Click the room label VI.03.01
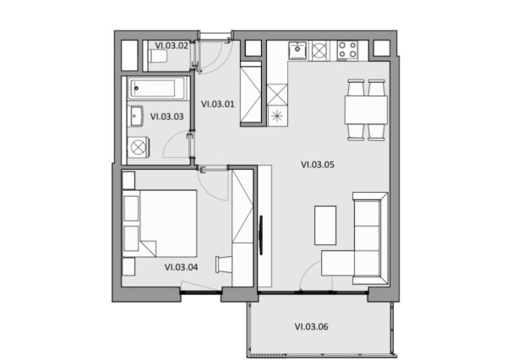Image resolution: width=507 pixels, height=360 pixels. coord(218,104)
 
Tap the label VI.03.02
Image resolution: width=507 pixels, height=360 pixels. coord(172,46)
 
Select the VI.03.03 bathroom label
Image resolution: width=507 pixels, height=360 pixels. coord(166,117)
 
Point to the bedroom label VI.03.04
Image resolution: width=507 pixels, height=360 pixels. coord(181,267)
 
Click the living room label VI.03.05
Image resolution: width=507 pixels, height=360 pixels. coord(318,165)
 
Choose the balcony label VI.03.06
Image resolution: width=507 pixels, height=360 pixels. coord(311,327)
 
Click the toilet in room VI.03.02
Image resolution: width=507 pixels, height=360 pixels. coord(157,57)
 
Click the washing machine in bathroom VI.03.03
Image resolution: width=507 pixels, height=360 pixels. coord(138,148)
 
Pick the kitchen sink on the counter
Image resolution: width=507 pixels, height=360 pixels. coord(297,51)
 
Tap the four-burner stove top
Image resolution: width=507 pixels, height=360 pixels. coord(347,50)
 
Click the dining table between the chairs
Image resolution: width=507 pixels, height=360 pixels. coord(366,110)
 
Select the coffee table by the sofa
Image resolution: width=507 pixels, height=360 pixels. coord(325,225)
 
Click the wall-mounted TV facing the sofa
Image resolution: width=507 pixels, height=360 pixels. coord(260,235)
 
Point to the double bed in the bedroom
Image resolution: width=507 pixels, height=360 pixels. coord(160,223)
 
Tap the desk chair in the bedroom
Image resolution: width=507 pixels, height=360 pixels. coord(224,265)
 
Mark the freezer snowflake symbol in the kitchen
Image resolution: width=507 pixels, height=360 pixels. coord(277,116)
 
